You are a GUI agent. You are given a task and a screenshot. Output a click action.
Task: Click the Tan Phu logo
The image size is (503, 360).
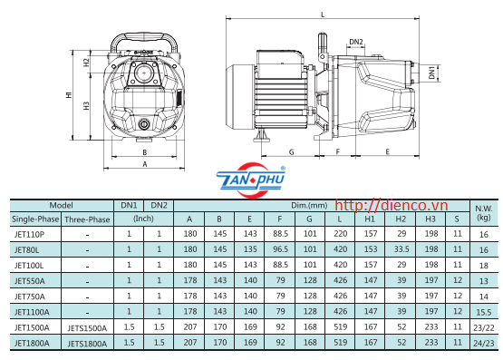click(251, 180)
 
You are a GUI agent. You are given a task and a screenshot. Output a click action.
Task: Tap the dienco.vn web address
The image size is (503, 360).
click(391, 205)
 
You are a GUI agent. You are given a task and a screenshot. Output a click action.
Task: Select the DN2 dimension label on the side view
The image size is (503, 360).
click(356, 42)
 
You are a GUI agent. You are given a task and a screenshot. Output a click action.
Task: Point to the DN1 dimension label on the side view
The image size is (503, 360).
click(431, 73)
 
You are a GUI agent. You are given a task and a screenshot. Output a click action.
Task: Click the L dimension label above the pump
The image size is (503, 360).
click(323, 15)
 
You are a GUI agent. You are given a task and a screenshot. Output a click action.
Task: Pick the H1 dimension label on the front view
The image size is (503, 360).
click(69, 94)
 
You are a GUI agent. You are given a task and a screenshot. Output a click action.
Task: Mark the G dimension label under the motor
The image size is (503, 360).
click(291, 152)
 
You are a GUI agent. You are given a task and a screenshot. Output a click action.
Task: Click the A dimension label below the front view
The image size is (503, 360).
click(145, 164)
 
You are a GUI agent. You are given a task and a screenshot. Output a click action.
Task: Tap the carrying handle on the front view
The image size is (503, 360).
click(144, 41)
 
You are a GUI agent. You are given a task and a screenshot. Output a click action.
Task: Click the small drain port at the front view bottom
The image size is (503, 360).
click(144, 124)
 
